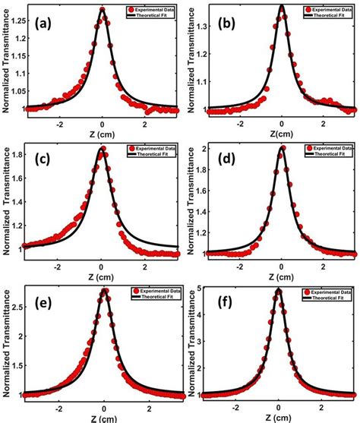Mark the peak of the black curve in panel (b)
pyautogui.click(x=282, y=6)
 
